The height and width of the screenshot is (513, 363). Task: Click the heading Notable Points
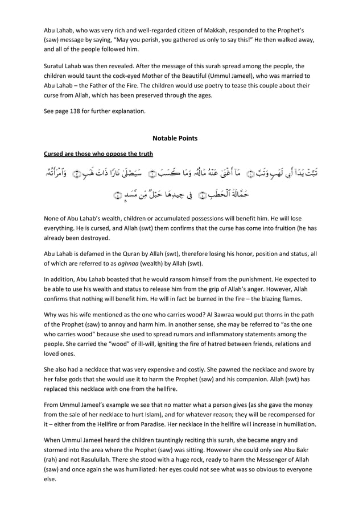pos(175,138)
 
